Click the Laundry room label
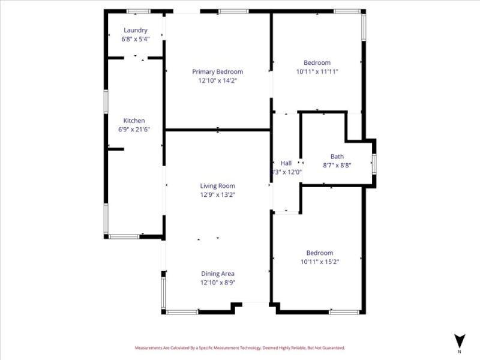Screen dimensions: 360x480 click(x=135, y=30)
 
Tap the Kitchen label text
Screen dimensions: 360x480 click(x=134, y=121)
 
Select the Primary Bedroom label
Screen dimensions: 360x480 click(x=217, y=71)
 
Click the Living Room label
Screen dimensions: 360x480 click(x=217, y=186)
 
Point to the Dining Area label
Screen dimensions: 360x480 click(x=217, y=274)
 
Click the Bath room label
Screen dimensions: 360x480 click(x=337, y=157)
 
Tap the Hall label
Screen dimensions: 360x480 click(x=286, y=163)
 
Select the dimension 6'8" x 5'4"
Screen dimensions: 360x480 click(x=135, y=38)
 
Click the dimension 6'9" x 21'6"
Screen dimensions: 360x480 click(x=134, y=129)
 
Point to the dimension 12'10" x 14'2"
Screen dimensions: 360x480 click(x=217, y=80)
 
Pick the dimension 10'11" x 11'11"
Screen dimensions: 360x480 click(x=317, y=71)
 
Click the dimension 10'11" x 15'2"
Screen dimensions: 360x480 click(x=319, y=261)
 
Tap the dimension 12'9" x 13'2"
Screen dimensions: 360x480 click(x=217, y=194)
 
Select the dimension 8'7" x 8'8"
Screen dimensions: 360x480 click(x=337, y=165)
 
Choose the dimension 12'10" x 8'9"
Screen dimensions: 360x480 click(x=217, y=282)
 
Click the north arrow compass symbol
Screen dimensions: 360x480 click(x=460, y=341)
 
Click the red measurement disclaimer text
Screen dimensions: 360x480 click(x=240, y=347)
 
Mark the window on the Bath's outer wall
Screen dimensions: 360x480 click(x=374, y=164)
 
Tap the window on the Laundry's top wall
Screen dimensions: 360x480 click(x=138, y=11)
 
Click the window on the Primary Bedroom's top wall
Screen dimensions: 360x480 click(x=233, y=11)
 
